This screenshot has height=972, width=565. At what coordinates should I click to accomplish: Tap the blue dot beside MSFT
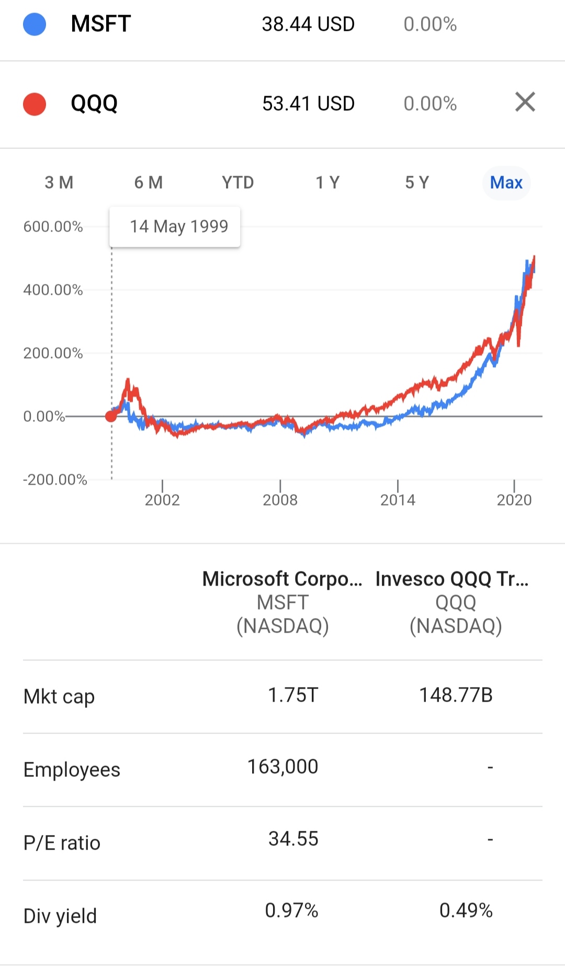click(35, 24)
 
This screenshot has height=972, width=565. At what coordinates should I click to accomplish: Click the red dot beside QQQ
click(35, 104)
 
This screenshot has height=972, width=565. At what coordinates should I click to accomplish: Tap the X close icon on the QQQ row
click(525, 102)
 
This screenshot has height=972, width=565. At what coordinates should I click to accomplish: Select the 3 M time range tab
click(59, 182)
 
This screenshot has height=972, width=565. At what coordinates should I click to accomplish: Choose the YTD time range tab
click(238, 182)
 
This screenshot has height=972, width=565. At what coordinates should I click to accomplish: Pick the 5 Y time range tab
click(417, 182)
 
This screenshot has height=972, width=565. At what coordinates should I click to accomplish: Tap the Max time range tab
click(506, 182)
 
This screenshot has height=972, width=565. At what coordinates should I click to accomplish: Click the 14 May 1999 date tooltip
click(175, 226)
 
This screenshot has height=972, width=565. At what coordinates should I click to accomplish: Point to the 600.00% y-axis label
click(53, 226)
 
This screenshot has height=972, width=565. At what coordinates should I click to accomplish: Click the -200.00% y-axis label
click(55, 479)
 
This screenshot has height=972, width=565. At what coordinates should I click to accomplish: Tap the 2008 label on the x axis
click(280, 500)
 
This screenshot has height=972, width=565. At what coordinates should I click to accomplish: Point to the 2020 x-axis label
click(514, 500)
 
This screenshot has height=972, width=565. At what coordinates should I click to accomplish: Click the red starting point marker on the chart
click(111, 416)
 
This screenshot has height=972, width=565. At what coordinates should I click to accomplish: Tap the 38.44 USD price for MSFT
click(308, 24)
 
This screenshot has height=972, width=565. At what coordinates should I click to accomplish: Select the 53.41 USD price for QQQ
click(308, 104)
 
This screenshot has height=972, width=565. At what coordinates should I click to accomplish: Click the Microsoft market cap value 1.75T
click(293, 695)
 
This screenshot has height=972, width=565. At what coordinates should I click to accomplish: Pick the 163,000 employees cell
click(282, 767)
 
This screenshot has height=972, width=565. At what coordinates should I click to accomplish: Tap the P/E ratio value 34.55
click(293, 839)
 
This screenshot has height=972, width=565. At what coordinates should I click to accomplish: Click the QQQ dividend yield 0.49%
click(466, 911)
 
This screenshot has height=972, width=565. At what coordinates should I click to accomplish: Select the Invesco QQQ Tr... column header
click(452, 579)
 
